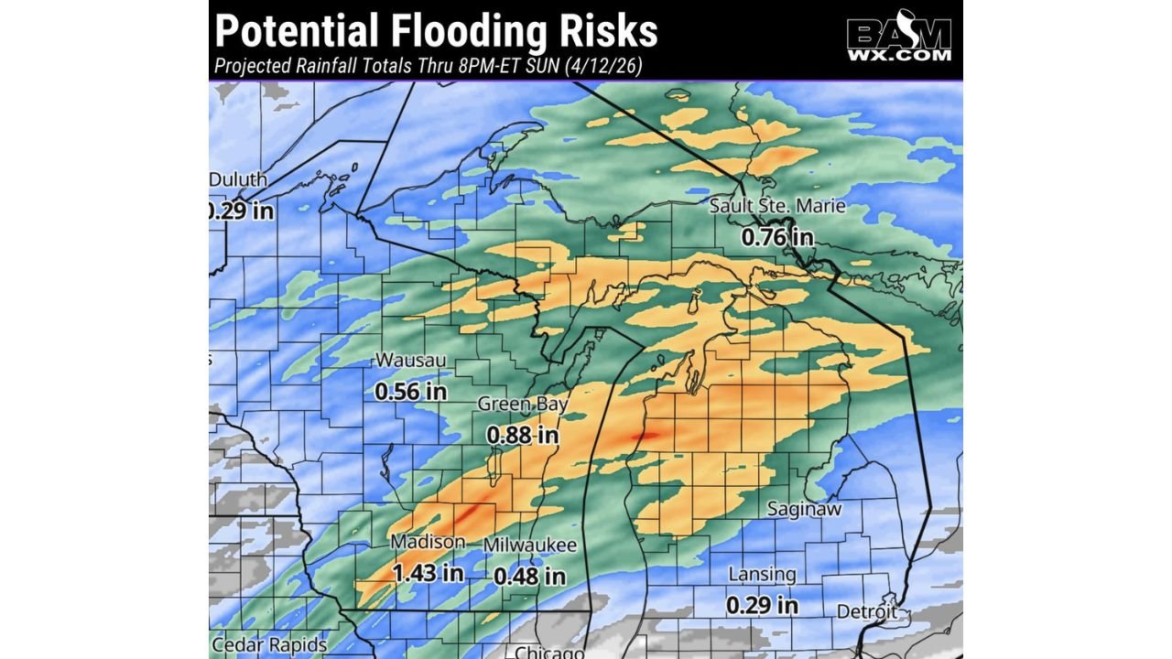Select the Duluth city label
pyautogui.click(x=238, y=179)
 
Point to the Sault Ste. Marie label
pyautogui.click(x=777, y=207)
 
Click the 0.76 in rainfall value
pyautogui.click(x=777, y=237)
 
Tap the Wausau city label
pyautogui.click(x=410, y=361)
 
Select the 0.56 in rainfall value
pyautogui.click(x=410, y=391)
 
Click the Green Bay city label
pyautogui.click(x=523, y=404)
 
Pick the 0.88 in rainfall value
pyautogui.click(x=523, y=435)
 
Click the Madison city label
pyautogui.click(x=428, y=542)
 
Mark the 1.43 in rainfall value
pyautogui.click(x=428, y=574)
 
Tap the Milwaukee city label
pyautogui.click(x=530, y=546)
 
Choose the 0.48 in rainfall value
pyautogui.click(x=530, y=577)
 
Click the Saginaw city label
pyautogui.click(x=804, y=509)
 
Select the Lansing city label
pyautogui.click(x=762, y=574)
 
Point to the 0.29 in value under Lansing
pyautogui.click(x=762, y=605)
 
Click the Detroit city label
pyautogui.click(x=867, y=610)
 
